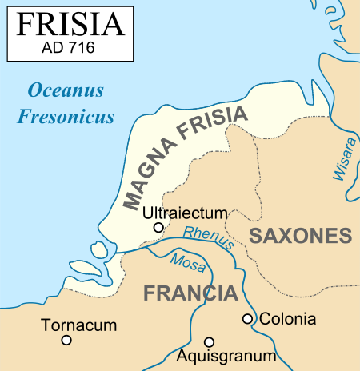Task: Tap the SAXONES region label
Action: coord(301,236)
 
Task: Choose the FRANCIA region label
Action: coord(190,293)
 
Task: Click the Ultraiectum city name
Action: coord(185,213)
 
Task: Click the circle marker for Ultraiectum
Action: coord(158,228)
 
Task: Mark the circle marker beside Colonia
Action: coord(248,319)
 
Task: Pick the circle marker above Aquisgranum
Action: coord(210,341)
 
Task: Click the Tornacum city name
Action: coord(81,325)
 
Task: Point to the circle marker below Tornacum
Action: coord(66,340)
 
